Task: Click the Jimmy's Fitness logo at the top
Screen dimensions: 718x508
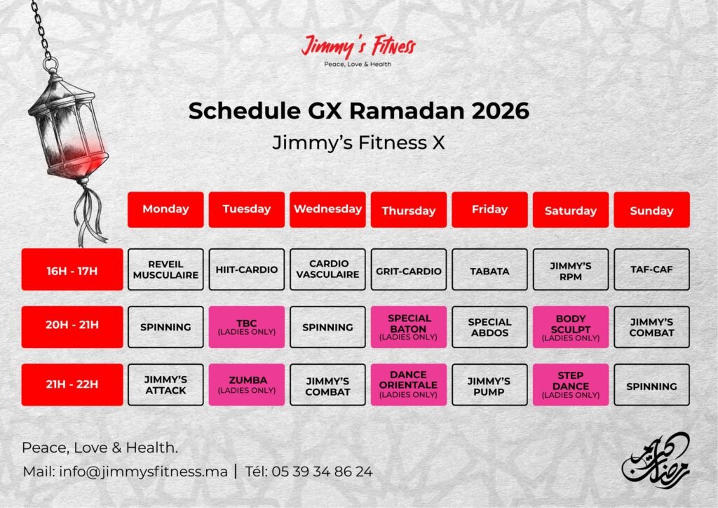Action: point(358,50)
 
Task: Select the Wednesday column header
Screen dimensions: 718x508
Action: point(327,209)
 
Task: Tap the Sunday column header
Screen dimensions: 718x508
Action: point(651,209)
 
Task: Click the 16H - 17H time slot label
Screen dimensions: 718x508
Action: point(72,269)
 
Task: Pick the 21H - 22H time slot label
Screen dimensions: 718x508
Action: point(72,385)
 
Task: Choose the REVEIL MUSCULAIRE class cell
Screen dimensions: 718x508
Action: point(165,269)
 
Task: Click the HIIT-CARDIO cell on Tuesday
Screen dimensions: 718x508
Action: point(246,269)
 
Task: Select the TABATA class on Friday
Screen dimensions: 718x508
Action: point(489,269)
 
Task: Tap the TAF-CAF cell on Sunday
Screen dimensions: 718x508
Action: point(651,269)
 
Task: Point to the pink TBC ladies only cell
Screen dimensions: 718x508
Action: point(246,327)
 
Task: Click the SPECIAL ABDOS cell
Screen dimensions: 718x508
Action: point(489,327)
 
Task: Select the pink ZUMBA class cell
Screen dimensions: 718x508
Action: point(246,385)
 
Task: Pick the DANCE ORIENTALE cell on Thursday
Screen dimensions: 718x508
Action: point(409,385)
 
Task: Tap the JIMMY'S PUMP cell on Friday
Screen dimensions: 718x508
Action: point(489,385)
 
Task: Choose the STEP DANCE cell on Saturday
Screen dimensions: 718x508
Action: point(571,385)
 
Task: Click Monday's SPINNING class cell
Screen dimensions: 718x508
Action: point(165,327)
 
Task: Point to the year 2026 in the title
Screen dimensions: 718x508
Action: point(500,111)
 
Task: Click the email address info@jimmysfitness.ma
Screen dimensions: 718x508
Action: point(143,472)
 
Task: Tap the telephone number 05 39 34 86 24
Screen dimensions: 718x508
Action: point(322,472)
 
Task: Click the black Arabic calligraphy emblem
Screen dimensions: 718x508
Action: point(656,460)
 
